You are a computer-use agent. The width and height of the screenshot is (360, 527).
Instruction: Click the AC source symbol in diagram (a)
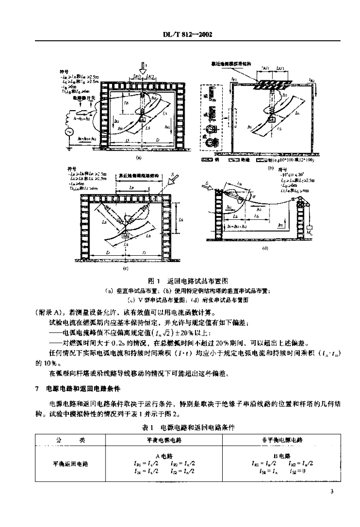pos(65,131)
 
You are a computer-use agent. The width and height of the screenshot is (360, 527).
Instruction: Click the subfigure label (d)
pos(264,248)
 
